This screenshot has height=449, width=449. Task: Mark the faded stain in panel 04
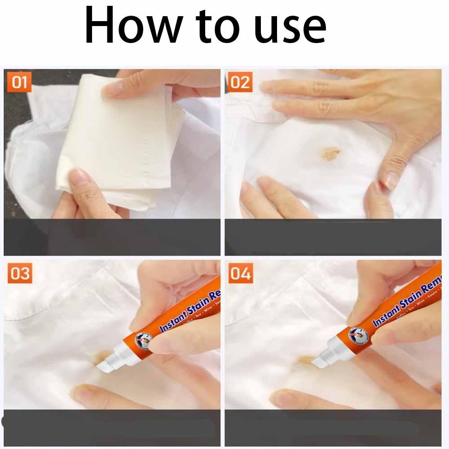303,359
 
